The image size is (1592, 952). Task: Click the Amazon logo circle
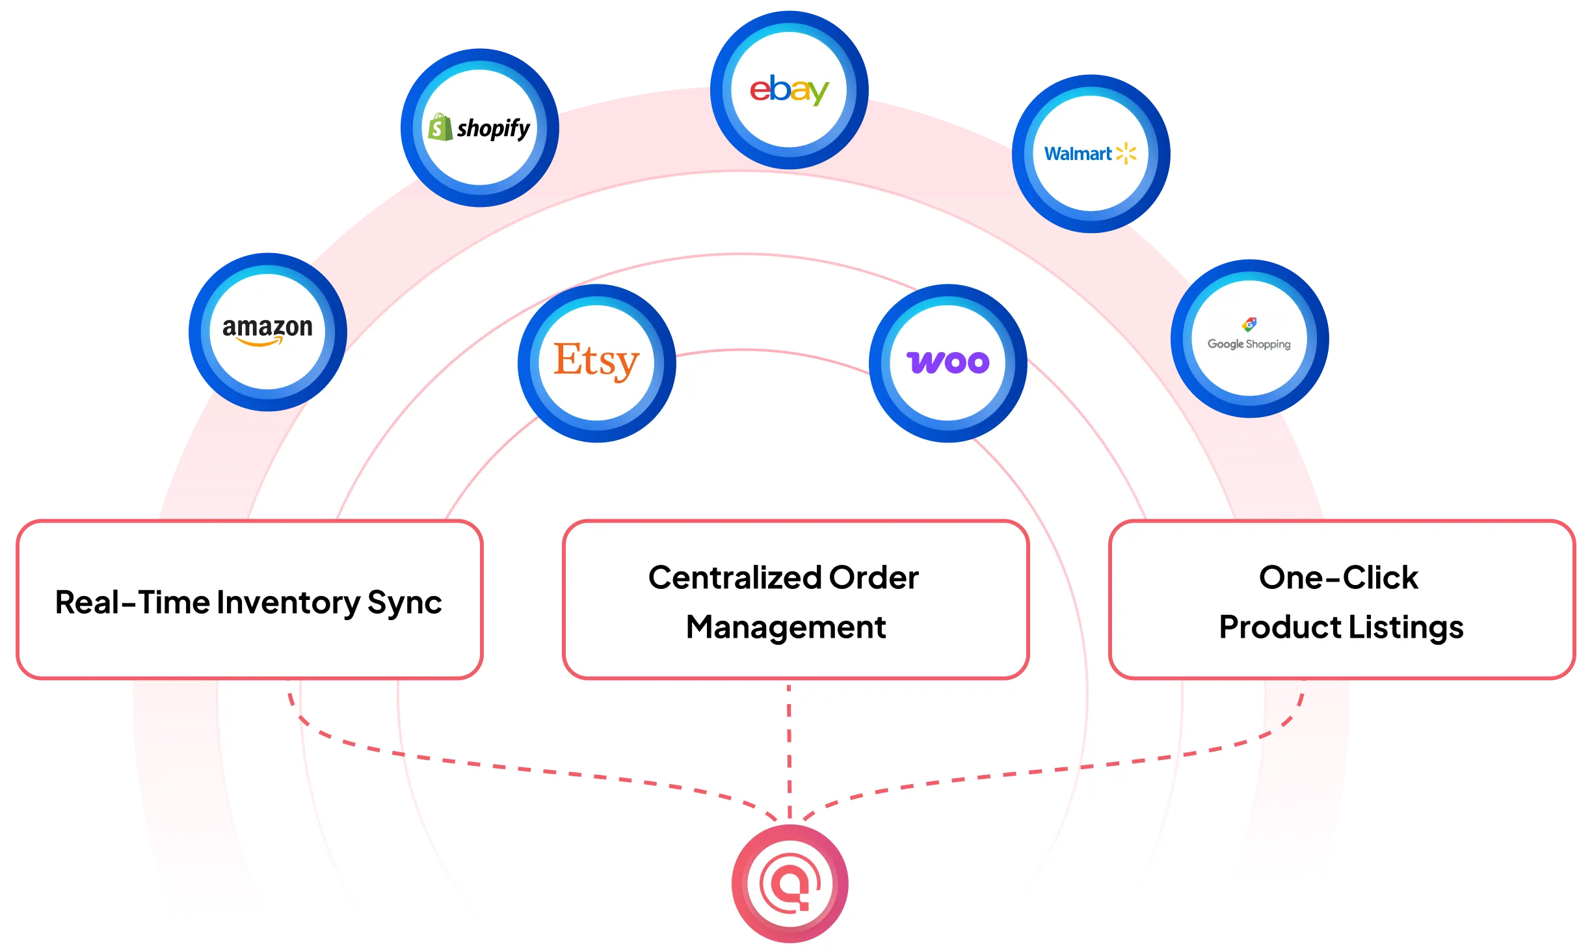(267, 332)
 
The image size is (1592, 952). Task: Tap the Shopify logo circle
(480, 128)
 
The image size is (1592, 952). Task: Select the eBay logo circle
(789, 90)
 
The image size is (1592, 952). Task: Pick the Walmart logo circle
(1091, 154)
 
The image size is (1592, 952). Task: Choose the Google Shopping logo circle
(1249, 338)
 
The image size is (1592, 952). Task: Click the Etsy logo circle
(596, 363)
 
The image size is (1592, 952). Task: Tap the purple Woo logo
(948, 362)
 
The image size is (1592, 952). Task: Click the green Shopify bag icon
(440, 127)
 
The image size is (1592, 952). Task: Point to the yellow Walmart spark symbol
(1126, 154)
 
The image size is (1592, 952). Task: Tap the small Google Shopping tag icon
(1249, 324)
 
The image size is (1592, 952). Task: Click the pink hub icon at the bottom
(789, 883)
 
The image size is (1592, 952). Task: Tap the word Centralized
(734, 578)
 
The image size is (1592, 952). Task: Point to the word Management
(786, 627)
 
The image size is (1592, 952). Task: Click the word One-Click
(1338, 578)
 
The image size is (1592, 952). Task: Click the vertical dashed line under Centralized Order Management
(789, 748)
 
